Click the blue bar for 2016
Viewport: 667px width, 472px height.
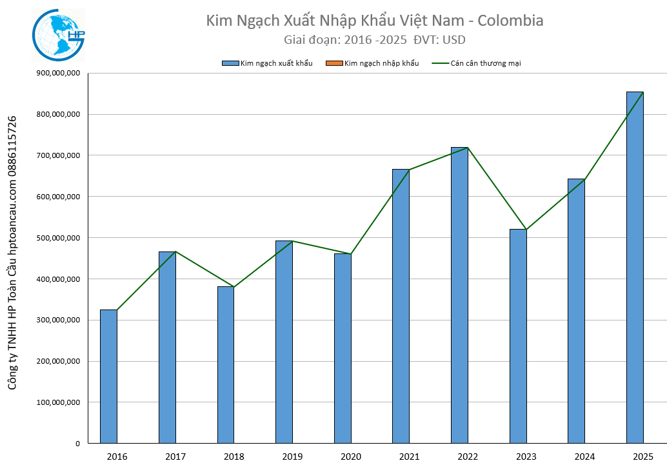(108, 377)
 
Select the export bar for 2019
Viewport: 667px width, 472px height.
(284, 342)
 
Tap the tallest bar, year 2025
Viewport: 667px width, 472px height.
(635, 268)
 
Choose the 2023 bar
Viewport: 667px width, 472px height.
(518, 336)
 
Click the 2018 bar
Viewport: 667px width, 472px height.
(226, 364)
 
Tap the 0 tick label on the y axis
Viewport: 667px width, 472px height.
(77, 444)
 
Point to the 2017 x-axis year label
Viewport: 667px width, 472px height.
(175, 457)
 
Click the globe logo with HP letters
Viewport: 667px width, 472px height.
(59, 35)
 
